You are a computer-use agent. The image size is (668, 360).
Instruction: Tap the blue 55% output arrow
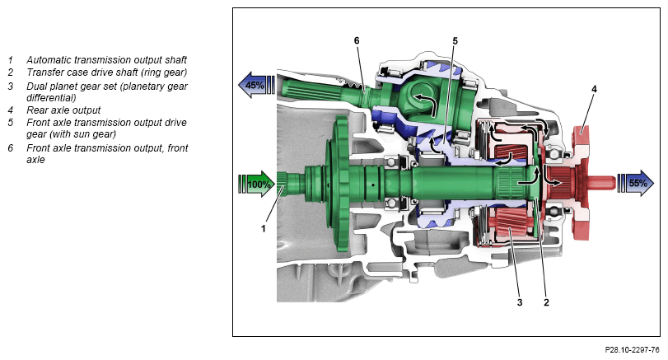pyautogui.click(x=636, y=183)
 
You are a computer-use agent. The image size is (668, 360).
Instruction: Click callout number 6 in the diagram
pyautogui.click(x=357, y=40)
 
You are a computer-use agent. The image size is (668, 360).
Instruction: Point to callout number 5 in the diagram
pyautogui.click(x=455, y=41)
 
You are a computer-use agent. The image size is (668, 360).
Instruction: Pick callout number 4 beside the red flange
pyautogui.click(x=594, y=89)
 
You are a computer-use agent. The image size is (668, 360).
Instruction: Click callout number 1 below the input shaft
pyautogui.click(x=264, y=228)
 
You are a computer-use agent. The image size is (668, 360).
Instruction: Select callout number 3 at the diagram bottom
pyautogui.click(x=520, y=302)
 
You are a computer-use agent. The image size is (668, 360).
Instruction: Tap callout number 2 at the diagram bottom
pyautogui.click(x=546, y=302)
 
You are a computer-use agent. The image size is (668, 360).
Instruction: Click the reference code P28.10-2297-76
pyautogui.click(x=632, y=350)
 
